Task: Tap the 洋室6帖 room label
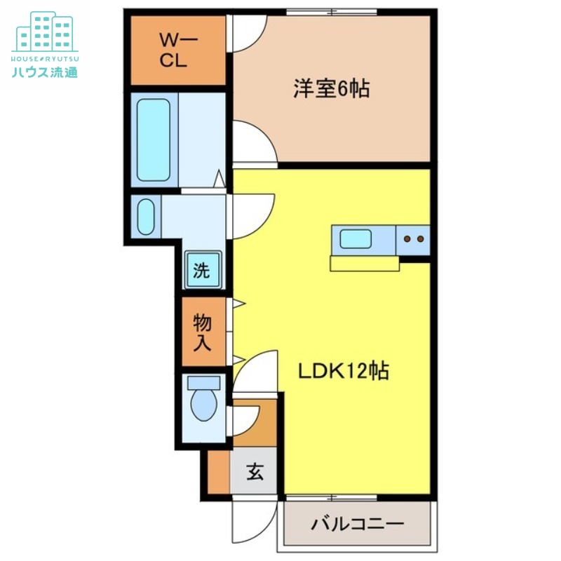[331, 90]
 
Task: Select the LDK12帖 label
[344, 370]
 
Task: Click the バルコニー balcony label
[358, 525]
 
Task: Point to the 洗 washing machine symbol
[203, 270]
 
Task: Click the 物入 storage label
[203, 332]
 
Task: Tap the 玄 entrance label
[255, 473]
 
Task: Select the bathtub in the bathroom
[154, 140]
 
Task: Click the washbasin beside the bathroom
[145, 217]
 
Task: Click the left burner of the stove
[407, 239]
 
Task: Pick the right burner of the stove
[420, 239]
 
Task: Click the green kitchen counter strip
[365, 264]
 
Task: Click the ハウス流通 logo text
[45, 72]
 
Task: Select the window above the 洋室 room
[332, 11]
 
